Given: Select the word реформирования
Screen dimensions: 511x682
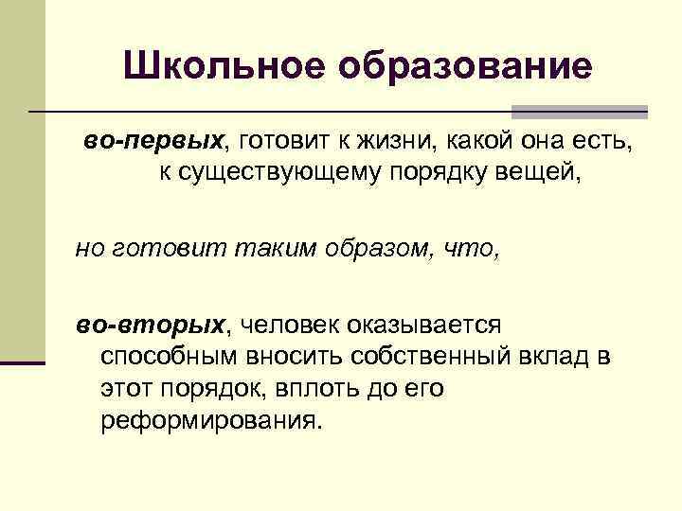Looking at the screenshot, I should pos(210,417).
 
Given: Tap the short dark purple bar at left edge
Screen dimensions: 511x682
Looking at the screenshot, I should pos(23,362).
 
